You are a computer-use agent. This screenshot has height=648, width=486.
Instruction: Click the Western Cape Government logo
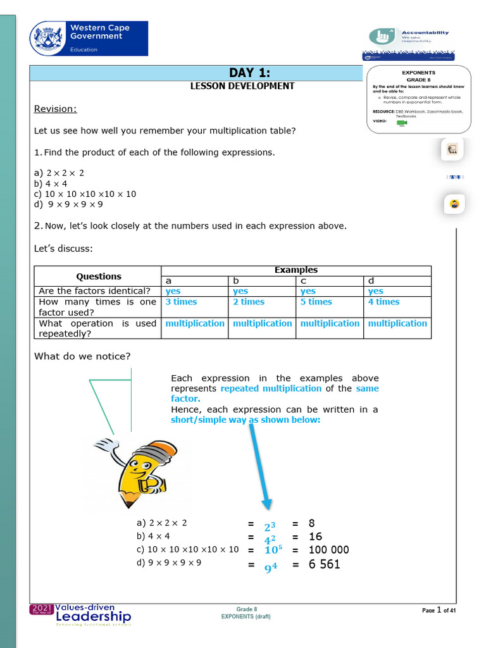89,38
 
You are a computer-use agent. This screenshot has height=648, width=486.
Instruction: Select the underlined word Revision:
55,109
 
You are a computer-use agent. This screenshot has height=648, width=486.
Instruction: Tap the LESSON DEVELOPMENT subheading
242,86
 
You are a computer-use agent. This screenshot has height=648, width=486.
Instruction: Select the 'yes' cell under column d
376,291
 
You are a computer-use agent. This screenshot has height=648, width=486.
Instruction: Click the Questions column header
98,276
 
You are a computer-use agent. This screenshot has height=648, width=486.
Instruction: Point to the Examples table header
296,270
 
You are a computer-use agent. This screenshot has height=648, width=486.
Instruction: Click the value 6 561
324,563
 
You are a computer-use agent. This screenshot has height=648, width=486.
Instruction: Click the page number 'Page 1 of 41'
439,611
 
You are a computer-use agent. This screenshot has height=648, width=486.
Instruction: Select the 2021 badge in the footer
42,609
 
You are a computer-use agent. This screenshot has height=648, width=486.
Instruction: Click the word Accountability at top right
425,32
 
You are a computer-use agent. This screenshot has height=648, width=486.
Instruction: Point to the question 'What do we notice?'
82,356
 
